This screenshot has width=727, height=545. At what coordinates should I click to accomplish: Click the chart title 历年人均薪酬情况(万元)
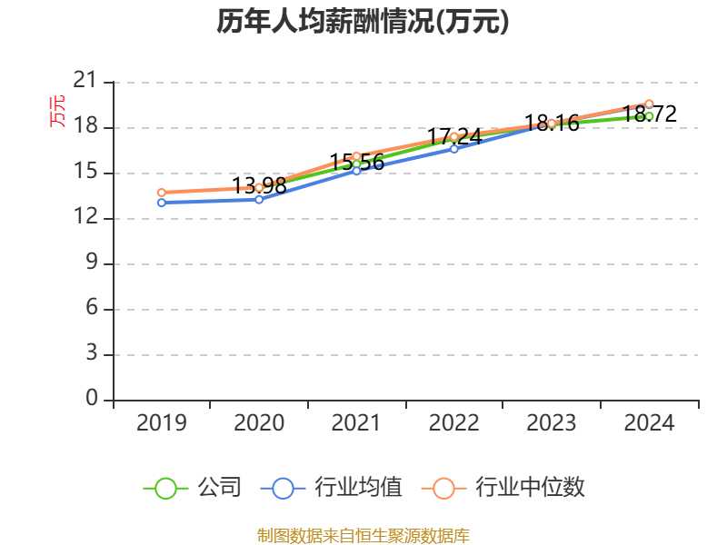click(363, 21)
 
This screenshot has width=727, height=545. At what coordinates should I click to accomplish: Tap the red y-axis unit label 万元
click(57, 111)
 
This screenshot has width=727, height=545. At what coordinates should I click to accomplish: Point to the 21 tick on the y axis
click(85, 81)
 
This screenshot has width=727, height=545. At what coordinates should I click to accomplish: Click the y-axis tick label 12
click(85, 216)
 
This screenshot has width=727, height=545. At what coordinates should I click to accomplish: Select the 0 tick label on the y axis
click(92, 398)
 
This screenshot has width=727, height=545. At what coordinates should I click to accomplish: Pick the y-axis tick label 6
click(92, 307)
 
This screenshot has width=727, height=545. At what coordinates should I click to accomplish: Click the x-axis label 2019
click(162, 422)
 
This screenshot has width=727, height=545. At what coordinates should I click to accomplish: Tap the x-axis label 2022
click(453, 422)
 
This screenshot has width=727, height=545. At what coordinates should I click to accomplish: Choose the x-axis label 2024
click(649, 422)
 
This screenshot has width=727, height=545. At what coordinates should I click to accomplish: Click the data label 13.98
click(259, 186)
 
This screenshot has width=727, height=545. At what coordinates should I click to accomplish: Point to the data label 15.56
click(357, 163)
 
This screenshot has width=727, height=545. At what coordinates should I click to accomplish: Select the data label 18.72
click(650, 114)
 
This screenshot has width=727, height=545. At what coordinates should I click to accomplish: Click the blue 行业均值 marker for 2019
click(162, 203)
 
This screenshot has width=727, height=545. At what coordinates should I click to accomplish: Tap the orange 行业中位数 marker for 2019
click(162, 193)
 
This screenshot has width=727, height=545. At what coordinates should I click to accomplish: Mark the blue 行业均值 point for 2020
click(259, 199)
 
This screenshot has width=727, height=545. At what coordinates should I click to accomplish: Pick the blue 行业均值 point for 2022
click(453, 149)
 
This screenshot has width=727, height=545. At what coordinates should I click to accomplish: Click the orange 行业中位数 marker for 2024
click(649, 104)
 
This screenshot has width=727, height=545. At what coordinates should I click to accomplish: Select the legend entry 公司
click(193, 488)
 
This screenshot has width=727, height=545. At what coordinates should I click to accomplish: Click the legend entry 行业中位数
click(503, 488)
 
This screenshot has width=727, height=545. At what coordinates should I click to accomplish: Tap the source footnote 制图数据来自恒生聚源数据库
click(363, 536)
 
